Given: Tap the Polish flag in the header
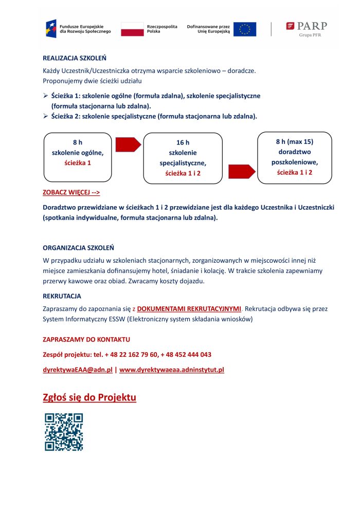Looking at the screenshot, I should pyautogui.click(x=132, y=29).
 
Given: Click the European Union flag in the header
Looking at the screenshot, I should pyautogui.click(x=244, y=29).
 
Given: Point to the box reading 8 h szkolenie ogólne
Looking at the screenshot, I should pyautogui.click(x=78, y=157).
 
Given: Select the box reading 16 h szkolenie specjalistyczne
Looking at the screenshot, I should pyautogui.click(x=183, y=158).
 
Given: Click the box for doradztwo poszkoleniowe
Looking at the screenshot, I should pyautogui.click(x=295, y=157).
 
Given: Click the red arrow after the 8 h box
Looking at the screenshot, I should pyautogui.click(x=128, y=144).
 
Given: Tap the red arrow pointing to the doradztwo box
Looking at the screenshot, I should pyautogui.click(x=241, y=172).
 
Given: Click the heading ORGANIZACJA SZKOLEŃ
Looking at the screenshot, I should pyautogui.click(x=78, y=248).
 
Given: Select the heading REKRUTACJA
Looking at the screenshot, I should pyautogui.click(x=62, y=296).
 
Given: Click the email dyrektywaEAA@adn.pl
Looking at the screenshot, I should pyautogui.click(x=78, y=370).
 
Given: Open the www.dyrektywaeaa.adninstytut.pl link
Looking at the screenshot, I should pyautogui.click(x=171, y=370).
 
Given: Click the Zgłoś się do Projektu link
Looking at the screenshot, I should pyautogui.click(x=89, y=398).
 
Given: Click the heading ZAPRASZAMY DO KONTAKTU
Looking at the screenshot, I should pyautogui.click(x=86, y=339).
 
